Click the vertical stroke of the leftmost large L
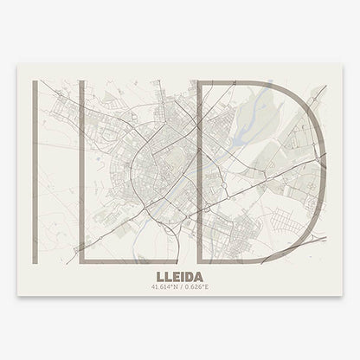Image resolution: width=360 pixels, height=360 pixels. tap(33, 156)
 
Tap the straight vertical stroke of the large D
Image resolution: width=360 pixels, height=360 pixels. tap(201, 156)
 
